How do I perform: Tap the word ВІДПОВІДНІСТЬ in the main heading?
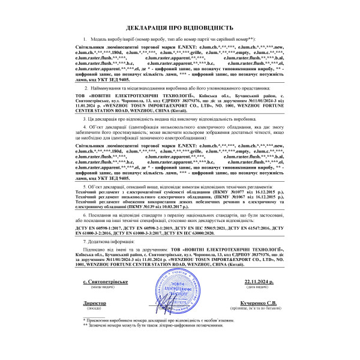pos(208,28)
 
